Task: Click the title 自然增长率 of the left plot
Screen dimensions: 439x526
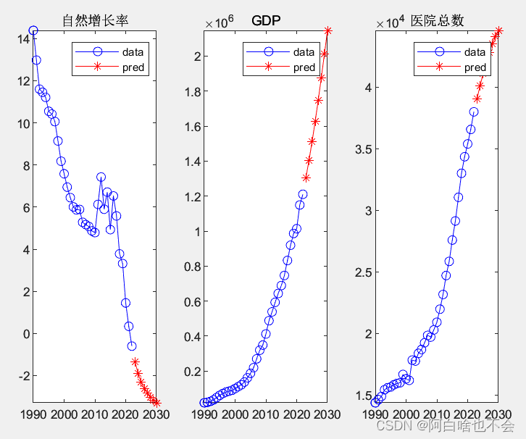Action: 95,21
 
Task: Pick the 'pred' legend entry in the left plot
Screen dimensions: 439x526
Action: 133,68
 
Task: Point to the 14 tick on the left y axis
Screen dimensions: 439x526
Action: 22,39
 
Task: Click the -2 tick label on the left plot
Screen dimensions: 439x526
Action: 20,376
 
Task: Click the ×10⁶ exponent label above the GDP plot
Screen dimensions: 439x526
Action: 218,23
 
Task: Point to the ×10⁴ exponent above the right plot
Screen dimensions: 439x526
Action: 389,23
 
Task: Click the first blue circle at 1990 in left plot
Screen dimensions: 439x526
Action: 33,30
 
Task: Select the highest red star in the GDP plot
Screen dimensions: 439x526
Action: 328,30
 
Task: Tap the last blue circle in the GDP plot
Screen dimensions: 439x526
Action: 303,194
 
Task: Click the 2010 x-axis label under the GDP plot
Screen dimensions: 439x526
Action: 266,414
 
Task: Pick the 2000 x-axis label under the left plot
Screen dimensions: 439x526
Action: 64,414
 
